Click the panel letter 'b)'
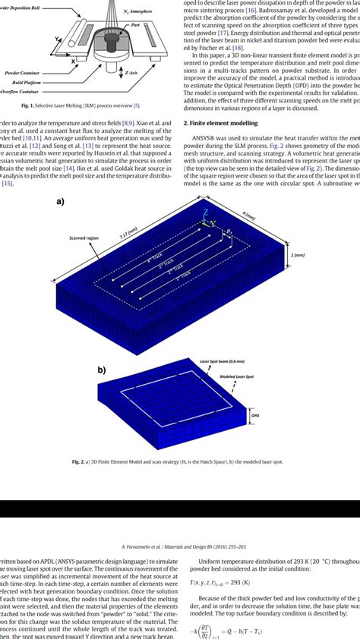point(100,369)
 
